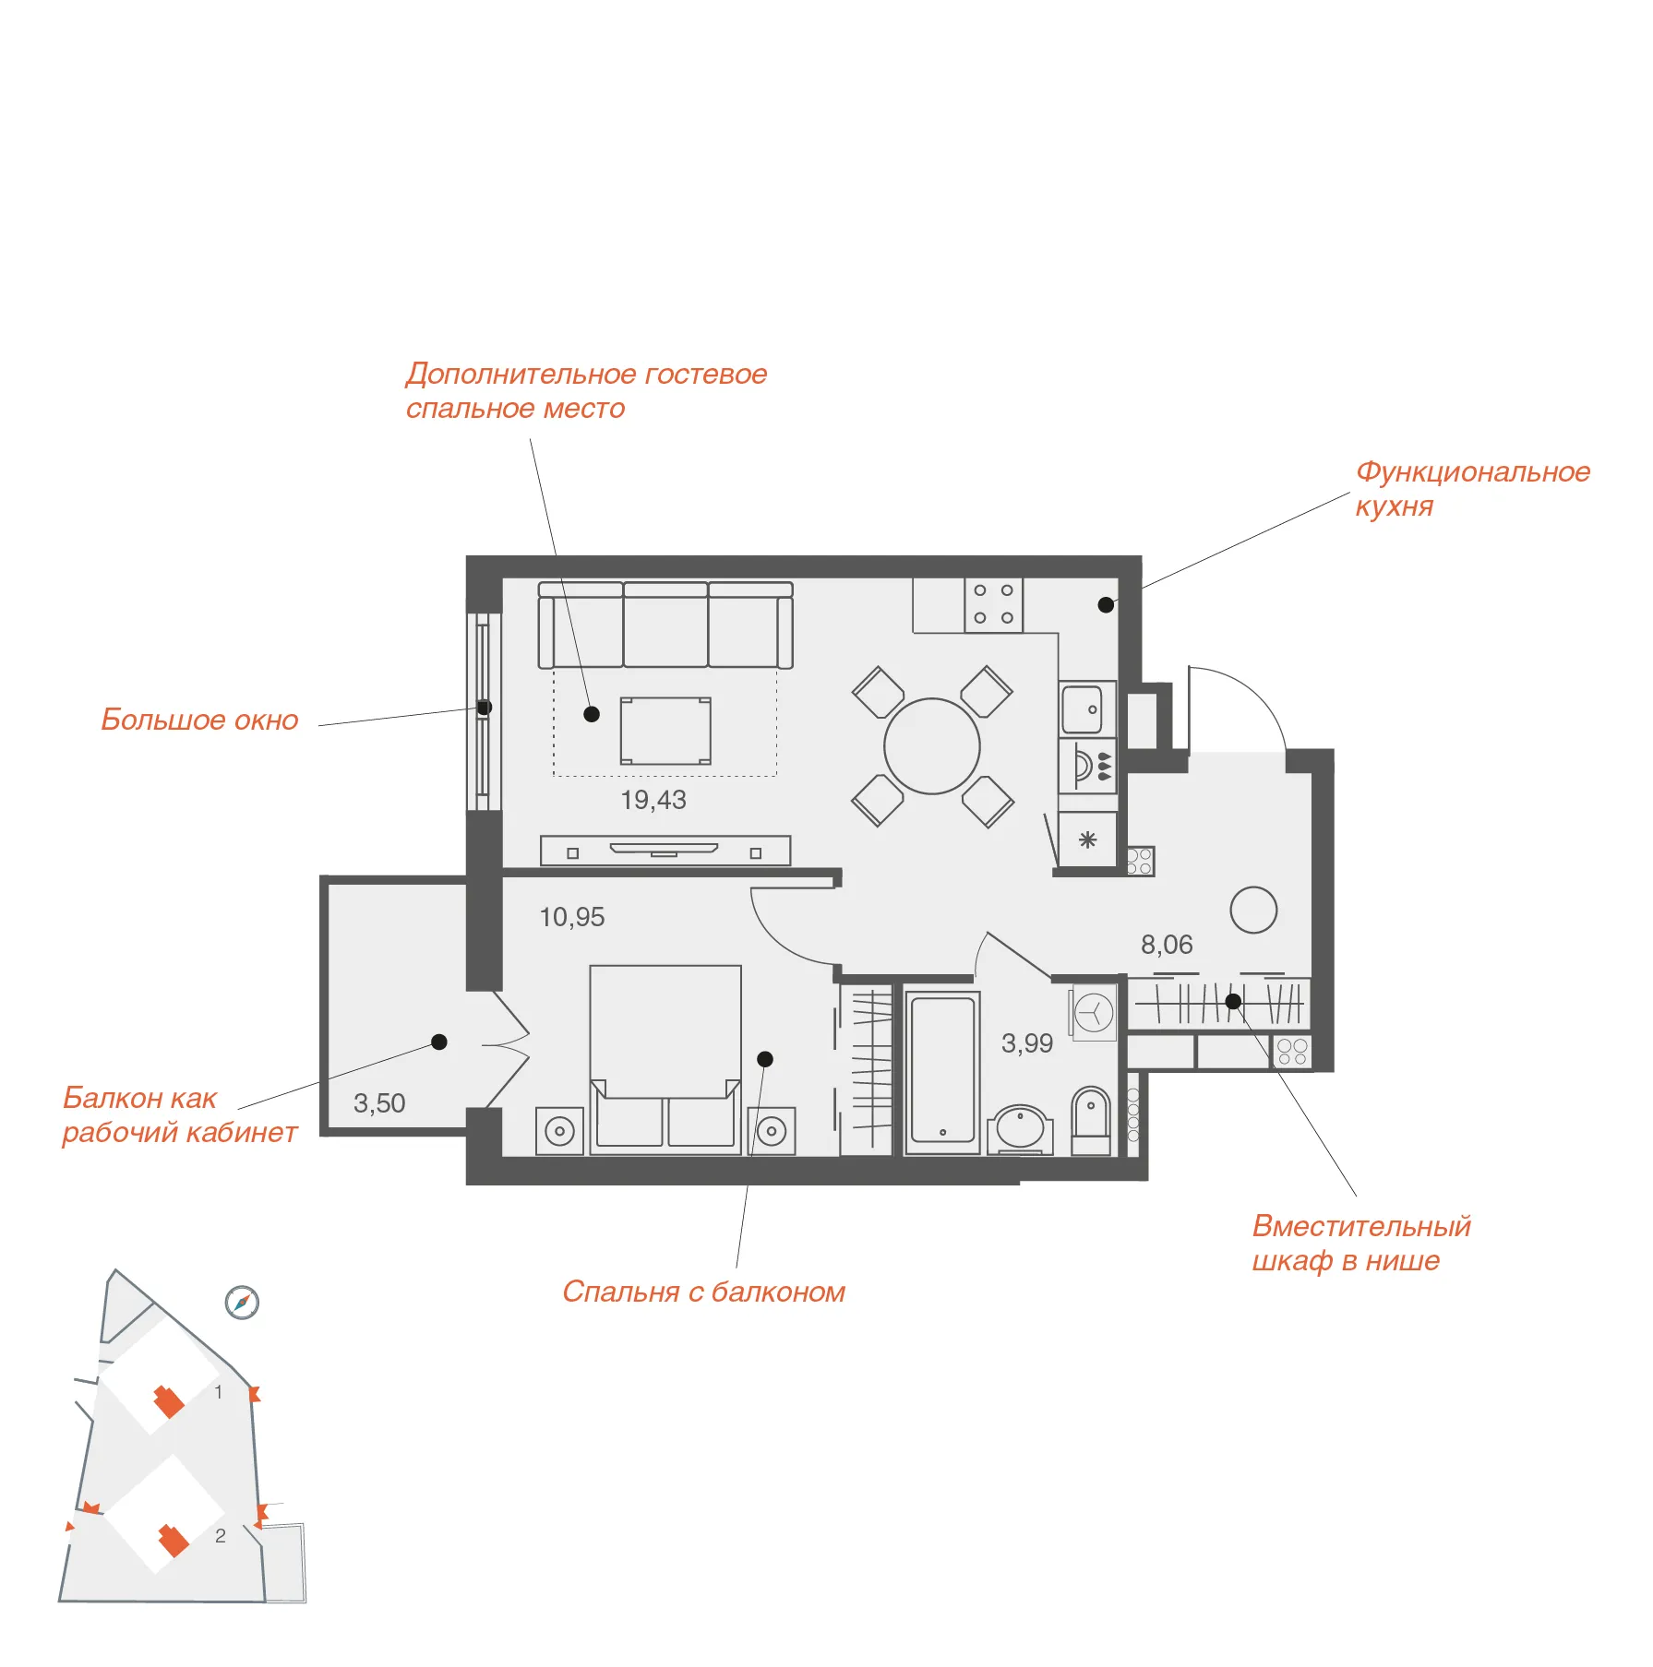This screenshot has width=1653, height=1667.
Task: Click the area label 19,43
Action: pyautogui.click(x=653, y=800)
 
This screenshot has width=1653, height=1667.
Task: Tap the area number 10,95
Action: pyautogui.click(x=572, y=917)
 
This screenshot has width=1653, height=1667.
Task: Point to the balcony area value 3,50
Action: pyautogui.click(x=379, y=1103)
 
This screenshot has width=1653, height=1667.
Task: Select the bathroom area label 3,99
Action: pyautogui.click(x=1027, y=1043)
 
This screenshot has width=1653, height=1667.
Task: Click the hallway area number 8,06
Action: pyautogui.click(x=1167, y=945)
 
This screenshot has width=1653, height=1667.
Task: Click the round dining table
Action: pyautogui.click(x=932, y=746)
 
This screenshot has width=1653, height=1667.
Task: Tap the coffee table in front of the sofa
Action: pyautogui.click(x=665, y=731)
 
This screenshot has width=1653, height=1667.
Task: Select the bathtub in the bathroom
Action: pyautogui.click(x=942, y=1072)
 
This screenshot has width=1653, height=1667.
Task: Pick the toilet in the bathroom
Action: pyautogui.click(x=1091, y=1120)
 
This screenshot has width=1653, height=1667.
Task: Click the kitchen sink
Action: pyautogui.click(x=1087, y=708)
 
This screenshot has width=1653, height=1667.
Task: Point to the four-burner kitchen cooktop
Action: pyautogui.click(x=994, y=604)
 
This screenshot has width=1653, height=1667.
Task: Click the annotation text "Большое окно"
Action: pyautogui.click(x=199, y=720)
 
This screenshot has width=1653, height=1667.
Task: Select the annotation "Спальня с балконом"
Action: pyautogui.click(x=703, y=1292)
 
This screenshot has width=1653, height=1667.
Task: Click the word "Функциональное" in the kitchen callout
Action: pyautogui.click(x=1473, y=471)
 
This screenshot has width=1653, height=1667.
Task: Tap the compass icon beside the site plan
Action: pyautogui.click(x=242, y=1303)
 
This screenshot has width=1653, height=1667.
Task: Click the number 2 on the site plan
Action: pyautogui.click(x=221, y=1535)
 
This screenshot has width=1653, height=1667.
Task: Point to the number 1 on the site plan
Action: pyautogui.click(x=219, y=1391)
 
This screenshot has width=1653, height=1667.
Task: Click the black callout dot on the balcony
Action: pyautogui.click(x=439, y=1042)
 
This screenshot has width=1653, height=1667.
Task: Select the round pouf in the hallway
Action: pyautogui.click(x=1253, y=910)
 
